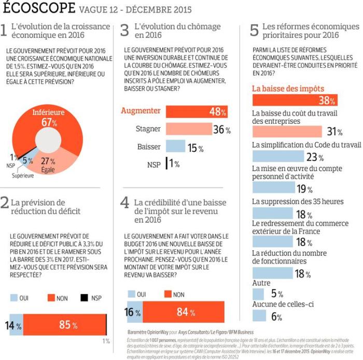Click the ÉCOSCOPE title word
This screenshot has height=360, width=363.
pyautogui.click(x=39, y=8)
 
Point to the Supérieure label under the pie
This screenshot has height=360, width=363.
pyautogui.click(x=23, y=176)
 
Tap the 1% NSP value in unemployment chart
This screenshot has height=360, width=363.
pyautogui.click(x=173, y=164)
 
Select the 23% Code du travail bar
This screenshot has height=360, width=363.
pyautogui.click(x=277, y=156)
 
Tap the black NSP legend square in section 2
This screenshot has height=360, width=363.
pyautogui.click(x=82, y=298)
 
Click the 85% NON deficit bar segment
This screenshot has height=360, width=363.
pyautogui.click(x=65, y=325)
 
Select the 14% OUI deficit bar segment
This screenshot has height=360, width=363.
pyautogui.click(x=16, y=325)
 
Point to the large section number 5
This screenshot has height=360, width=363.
pyautogui.click(x=254, y=30)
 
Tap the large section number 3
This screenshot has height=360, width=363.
pyautogui.click(x=124, y=30)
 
